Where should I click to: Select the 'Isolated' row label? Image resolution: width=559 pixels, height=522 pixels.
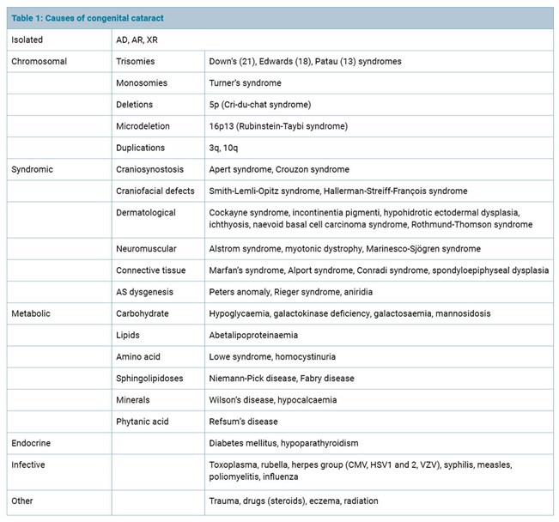27,39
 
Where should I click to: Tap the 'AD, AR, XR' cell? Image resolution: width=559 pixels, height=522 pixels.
137,39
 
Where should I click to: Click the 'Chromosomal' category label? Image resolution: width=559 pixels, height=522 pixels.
39,61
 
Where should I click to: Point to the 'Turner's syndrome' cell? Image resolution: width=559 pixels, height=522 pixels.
246,82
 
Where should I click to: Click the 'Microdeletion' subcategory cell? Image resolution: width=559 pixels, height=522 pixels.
143,126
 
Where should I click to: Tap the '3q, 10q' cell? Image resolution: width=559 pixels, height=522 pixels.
227,148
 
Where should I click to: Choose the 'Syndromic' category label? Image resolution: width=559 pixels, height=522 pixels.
33,169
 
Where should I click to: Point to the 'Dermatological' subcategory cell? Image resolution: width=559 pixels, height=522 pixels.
146,212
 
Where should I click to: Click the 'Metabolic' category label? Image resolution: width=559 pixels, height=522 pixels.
31,313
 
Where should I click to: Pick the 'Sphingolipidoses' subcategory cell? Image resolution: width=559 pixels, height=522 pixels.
149,378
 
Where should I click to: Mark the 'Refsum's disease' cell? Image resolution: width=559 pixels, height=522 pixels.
244,421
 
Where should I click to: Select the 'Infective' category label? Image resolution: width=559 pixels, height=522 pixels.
29,464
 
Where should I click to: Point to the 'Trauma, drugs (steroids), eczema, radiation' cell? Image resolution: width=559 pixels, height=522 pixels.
294,501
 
